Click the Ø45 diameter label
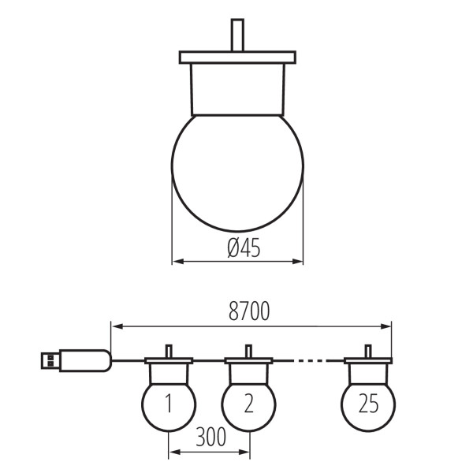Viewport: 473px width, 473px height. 244,248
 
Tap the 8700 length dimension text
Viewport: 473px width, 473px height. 249,311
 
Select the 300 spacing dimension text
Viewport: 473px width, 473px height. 210,437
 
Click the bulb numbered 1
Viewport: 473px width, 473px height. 169,406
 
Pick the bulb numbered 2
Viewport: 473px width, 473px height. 248,406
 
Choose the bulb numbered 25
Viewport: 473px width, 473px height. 368,406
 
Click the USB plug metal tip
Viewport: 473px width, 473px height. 50,360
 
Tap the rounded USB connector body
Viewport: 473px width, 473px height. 85,360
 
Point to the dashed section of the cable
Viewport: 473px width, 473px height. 309,360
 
